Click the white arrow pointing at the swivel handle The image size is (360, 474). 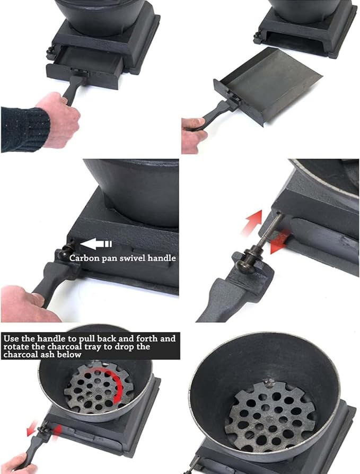(x=96, y=244)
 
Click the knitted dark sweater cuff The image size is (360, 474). (x=25, y=129)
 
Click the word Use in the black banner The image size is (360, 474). (x=12, y=338)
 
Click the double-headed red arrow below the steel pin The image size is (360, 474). (x=279, y=241)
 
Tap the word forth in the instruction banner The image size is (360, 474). (x=146, y=338)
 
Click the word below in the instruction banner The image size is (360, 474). (x=69, y=355)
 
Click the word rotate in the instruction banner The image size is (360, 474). (x=14, y=346)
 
